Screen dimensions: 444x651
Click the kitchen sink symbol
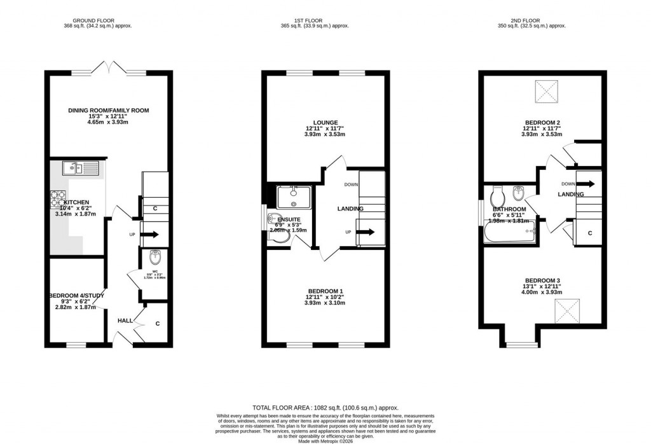(x=81, y=169)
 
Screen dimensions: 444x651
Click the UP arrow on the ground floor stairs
(x=150, y=235)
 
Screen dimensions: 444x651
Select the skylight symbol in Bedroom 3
(x=568, y=311)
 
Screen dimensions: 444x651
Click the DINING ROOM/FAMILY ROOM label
(x=108, y=111)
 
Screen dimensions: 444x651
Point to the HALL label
(x=125, y=321)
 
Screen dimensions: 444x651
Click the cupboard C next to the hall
(x=158, y=323)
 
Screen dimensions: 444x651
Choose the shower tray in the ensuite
(x=294, y=196)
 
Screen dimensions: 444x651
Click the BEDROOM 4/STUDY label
(x=75, y=295)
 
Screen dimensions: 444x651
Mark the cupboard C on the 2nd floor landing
(x=590, y=233)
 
